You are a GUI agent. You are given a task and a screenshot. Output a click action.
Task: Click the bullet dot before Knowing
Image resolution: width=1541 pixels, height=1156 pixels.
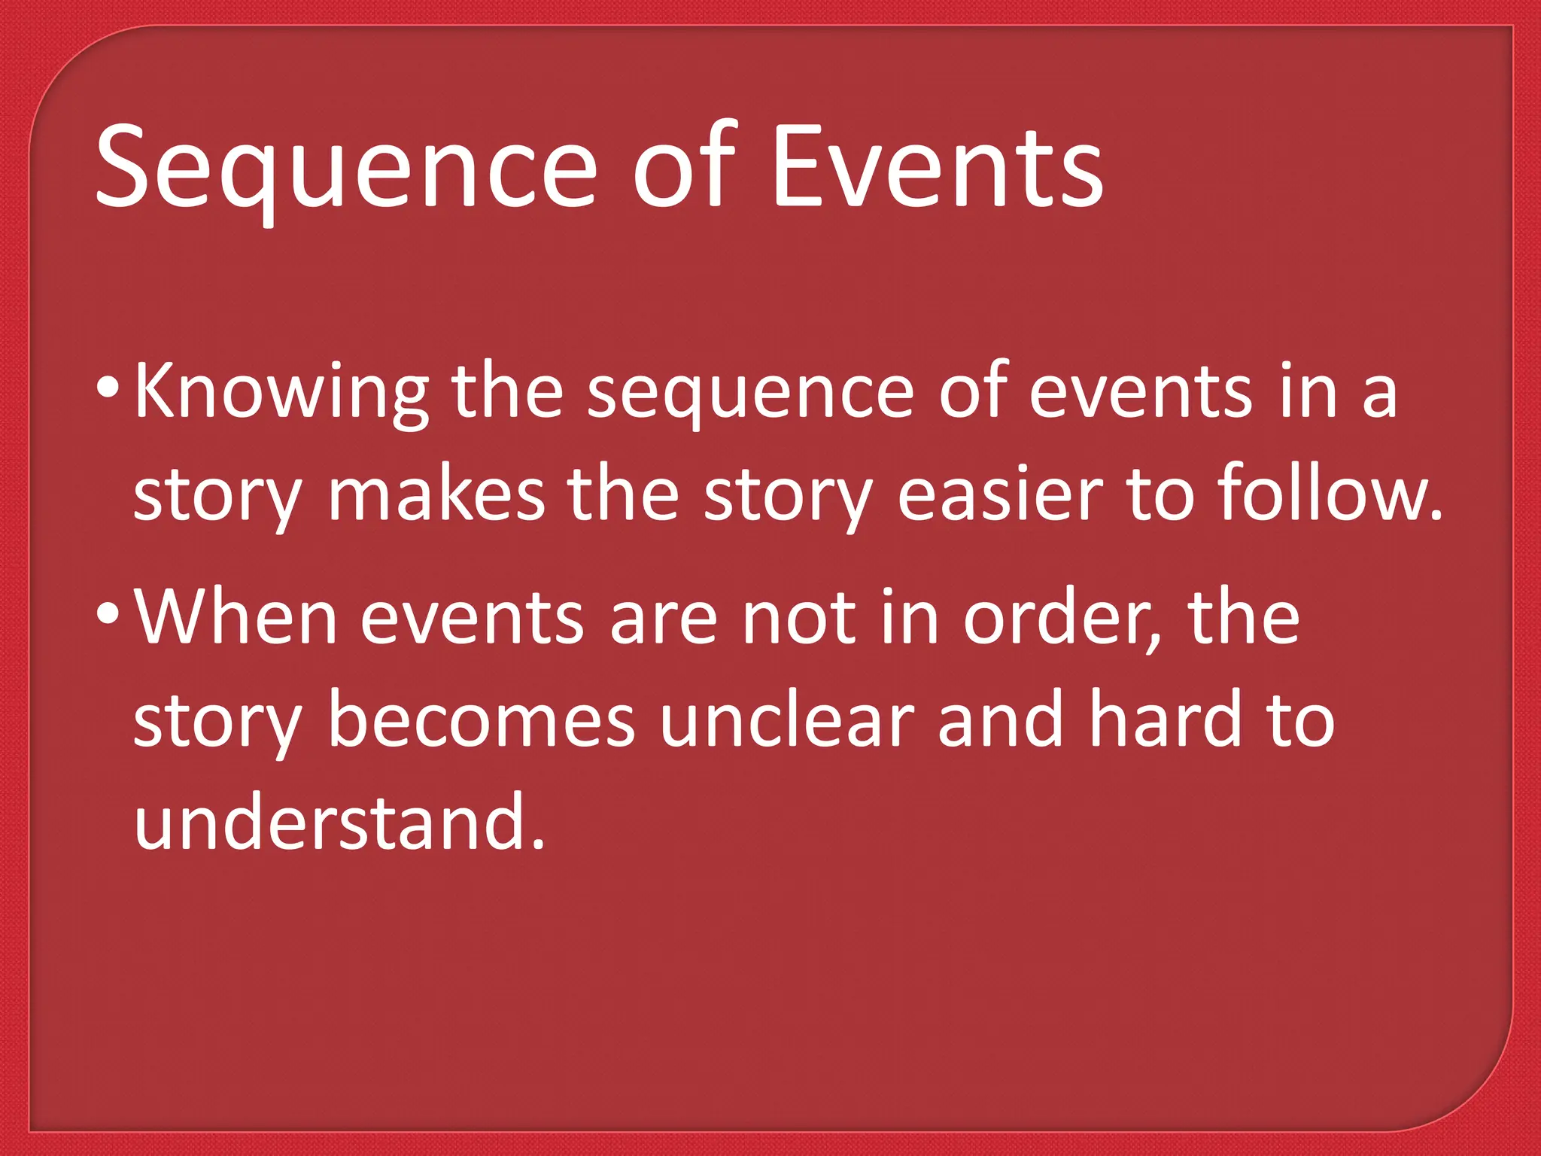click(x=108, y=390)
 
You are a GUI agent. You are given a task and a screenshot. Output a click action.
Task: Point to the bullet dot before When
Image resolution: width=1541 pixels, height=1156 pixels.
click(x=108, y=615)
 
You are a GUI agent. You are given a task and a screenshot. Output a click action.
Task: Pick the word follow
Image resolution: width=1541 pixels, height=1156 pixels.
click(x=1321, y=493)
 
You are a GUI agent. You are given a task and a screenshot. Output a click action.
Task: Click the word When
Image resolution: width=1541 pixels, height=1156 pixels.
click(x=236, y=617)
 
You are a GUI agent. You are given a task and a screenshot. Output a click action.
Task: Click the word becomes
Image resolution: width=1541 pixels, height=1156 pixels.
click(x=482, y=720)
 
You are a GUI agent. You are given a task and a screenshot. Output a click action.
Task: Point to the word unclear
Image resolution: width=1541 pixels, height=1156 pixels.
click(x=786, y=720)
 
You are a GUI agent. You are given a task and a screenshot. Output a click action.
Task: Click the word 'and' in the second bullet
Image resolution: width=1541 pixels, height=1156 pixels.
click(x=1001, y=720)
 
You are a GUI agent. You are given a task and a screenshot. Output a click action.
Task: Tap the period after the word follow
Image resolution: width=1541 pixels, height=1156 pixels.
click(x=1434, y=516)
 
